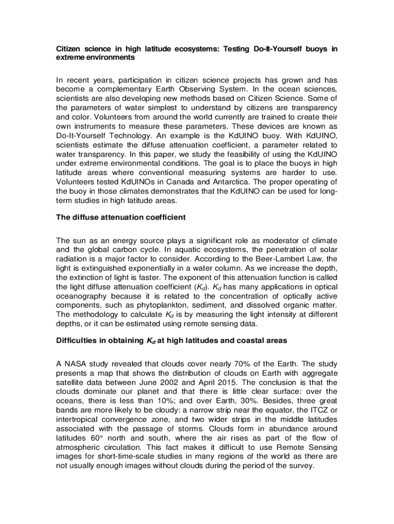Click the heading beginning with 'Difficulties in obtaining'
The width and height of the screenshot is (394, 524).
(x=171, y=340)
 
